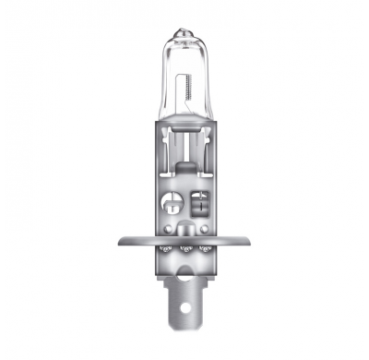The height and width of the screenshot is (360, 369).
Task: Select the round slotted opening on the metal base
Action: [x=172, y=198]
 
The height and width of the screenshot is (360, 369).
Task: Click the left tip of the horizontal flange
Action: [x=121, y=243]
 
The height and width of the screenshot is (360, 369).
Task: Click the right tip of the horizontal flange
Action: [x=250, y=243]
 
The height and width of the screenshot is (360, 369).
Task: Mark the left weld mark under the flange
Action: [x=166, y=248]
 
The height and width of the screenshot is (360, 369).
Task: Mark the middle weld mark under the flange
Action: [x=185, y=248]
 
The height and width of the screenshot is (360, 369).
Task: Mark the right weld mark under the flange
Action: [x=205, y=248]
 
